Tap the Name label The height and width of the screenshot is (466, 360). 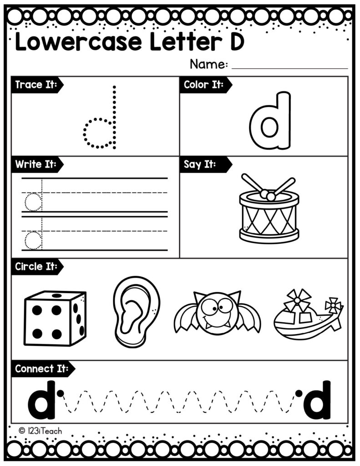pyautogui.click(x=208, y=64)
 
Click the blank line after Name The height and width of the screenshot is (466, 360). pyautogui.click(x=289, y=68)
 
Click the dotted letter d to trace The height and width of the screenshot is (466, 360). pyautogui.click(x=101, y=125)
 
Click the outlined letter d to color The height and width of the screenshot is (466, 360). pyautogui.click(x=270, y=122)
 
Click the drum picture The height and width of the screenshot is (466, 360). pyautogui.click(x=269, y=214)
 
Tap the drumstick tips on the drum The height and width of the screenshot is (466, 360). pyautogui.click(x=268, y=195)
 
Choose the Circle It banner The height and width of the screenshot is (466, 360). pyautogui.click(x=36, y=267)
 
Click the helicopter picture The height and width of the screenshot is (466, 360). pyautogui.click(x=308, y=314)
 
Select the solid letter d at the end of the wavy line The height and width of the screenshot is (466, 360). pyautogui.click(x=317, y=399)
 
